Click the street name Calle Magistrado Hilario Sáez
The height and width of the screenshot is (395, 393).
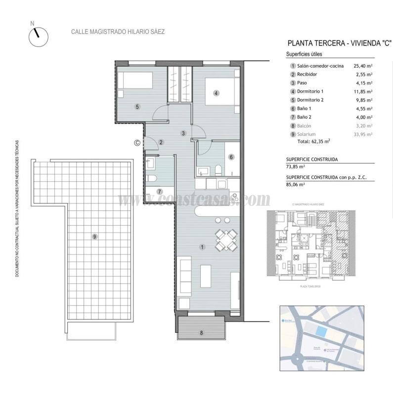pos(118,32)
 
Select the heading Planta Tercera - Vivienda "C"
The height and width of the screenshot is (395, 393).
pos(336,43)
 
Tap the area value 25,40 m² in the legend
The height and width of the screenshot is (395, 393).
pos(363,66)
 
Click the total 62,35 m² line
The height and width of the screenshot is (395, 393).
pos(313,141)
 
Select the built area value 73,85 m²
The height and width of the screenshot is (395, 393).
pos(296,167)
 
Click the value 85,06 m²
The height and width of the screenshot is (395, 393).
pos(296,184)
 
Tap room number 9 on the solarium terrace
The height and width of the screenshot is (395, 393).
pos(94,237)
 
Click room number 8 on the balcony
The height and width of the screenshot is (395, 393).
pos(201,333)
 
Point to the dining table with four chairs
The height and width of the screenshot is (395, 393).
pos(225,240)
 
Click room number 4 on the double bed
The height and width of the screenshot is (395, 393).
pos(216,92)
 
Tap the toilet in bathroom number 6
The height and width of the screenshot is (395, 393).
pos(218,170)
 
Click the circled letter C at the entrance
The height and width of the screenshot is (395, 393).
pos(137,143)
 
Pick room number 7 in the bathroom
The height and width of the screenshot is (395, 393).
pos(159,192)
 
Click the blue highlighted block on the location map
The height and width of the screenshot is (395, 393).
pos(322,332)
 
